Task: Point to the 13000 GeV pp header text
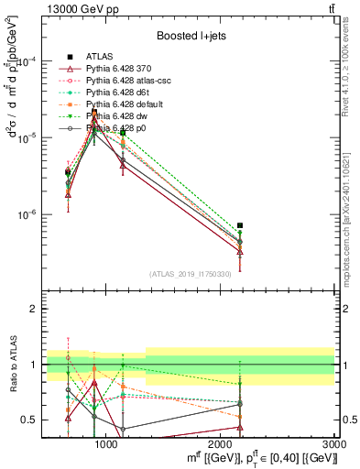tap(74, 8)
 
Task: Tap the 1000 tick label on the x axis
tap(106, 443)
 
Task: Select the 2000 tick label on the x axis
tap(221, 443)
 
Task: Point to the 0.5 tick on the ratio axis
tap(30, 420)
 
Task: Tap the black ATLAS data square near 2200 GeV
tap(240, 225)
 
